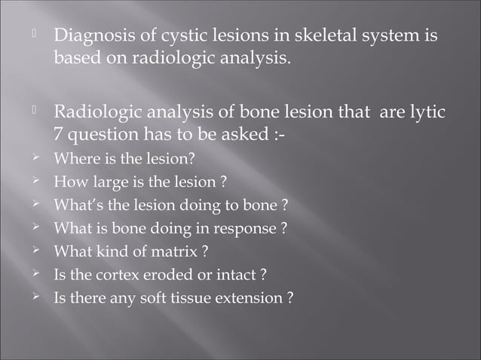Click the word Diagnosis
(x=90, y=35)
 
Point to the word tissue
(x=200, y=297)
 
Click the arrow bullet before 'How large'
(x=35, y=182)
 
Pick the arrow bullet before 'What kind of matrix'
(x=35, y=251)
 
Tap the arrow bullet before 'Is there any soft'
(x=35, y=297)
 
